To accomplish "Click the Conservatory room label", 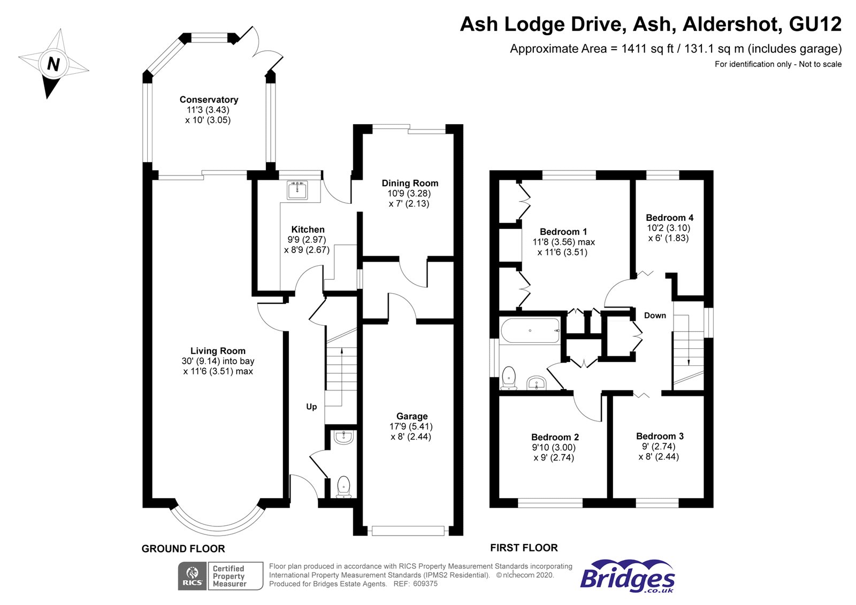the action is click(209, 99).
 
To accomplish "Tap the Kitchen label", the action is click(308, 229).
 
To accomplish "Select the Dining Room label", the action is click(410, 183).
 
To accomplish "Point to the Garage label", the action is click(412, 416).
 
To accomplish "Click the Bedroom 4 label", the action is click(669, 218).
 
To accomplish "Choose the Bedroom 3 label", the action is click(660, 436).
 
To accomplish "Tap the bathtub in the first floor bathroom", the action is click(530, 331).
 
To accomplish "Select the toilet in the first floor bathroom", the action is click(509, 377).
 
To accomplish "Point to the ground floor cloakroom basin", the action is click(343, 438).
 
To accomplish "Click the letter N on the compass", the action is click(53, 64).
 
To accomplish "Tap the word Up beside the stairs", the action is click(311, 407).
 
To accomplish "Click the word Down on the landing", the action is click(655, 316).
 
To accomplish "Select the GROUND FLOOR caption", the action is click(183, 549).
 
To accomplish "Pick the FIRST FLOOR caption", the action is click(524, 548).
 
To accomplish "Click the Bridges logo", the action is click(628, 576).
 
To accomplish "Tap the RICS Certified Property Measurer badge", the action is click(220, 576).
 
